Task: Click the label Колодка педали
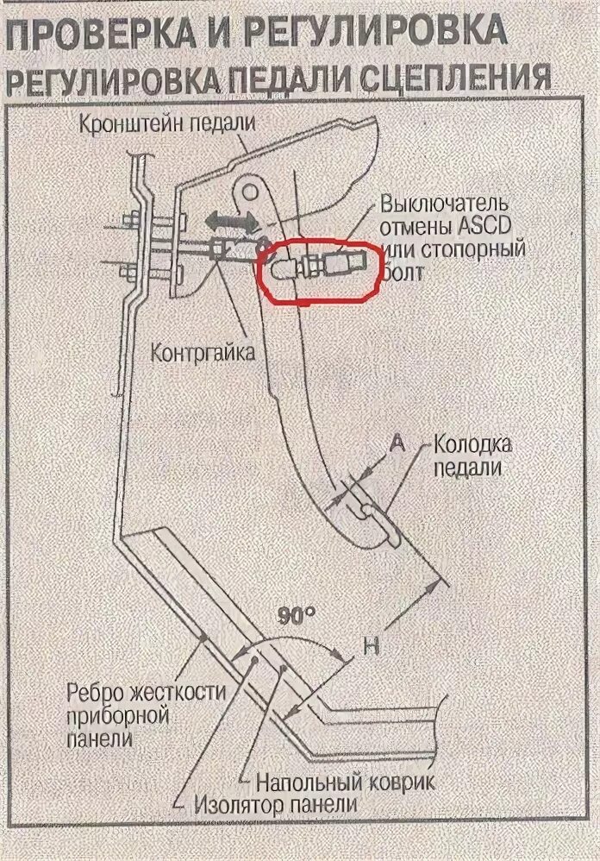point(472,456)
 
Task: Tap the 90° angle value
point(297,615)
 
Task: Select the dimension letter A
point(397,443)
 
